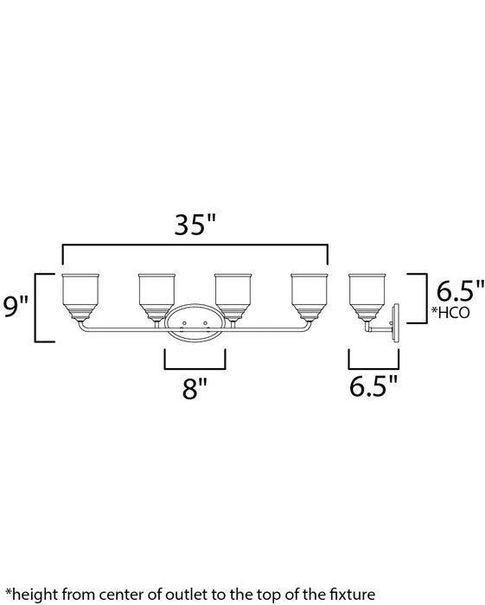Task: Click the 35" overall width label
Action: click(x=193, y=226)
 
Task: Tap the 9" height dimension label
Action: click(x=16, y=306)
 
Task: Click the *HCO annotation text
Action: click(x=452, y=313)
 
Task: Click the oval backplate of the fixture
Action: click(x=195, y=325)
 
